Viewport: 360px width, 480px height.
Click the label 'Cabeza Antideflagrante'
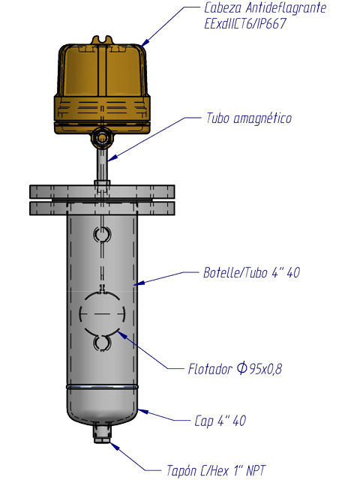coord(265,8)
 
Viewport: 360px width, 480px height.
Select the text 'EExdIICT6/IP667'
coord(245,23)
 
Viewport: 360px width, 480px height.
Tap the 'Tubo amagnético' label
coord(249,118)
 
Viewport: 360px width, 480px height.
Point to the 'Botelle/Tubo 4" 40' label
coord(252,272)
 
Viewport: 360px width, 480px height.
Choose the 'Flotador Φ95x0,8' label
coord(235,368)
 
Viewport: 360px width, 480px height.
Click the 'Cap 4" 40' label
coord(220,421)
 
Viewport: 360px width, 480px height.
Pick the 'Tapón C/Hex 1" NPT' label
coord(216,470)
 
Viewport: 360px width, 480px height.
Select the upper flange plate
coord(102,192)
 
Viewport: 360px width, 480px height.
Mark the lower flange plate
coord(102,208)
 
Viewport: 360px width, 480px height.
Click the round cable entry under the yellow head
coord(101,138)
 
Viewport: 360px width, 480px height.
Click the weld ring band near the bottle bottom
coord(102,387)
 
